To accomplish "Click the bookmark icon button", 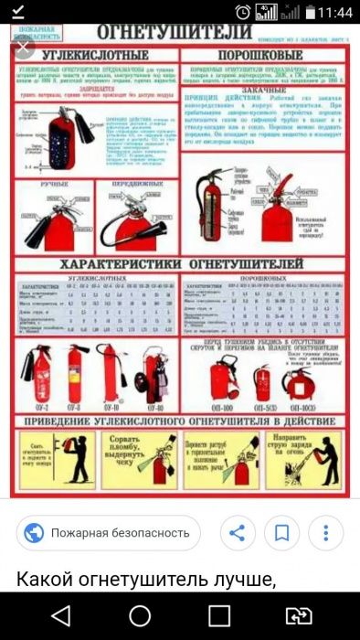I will coord(282,532).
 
